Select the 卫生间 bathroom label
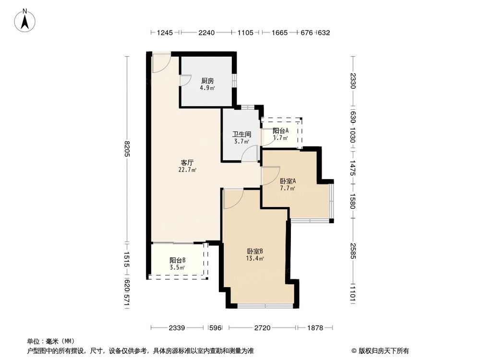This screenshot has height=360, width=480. click(x=241, y=134)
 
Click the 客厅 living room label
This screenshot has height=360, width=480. click(x=187, y=162)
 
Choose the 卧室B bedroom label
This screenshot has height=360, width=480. click(x=255, y=251)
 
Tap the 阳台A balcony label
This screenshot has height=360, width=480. click(x=280, y=131)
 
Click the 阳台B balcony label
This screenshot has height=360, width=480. click(x=177, y=261)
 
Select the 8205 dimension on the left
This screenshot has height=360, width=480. click(x=127, y=149)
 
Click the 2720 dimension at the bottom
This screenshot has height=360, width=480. click(x=262, y=328)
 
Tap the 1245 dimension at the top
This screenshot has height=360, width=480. click(x=165, y=33)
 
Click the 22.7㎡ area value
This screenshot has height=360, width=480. click(x=187, y=169)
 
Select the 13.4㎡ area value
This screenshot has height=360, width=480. click(x=255, y=258)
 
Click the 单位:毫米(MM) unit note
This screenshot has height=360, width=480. click(x=47, y=341)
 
